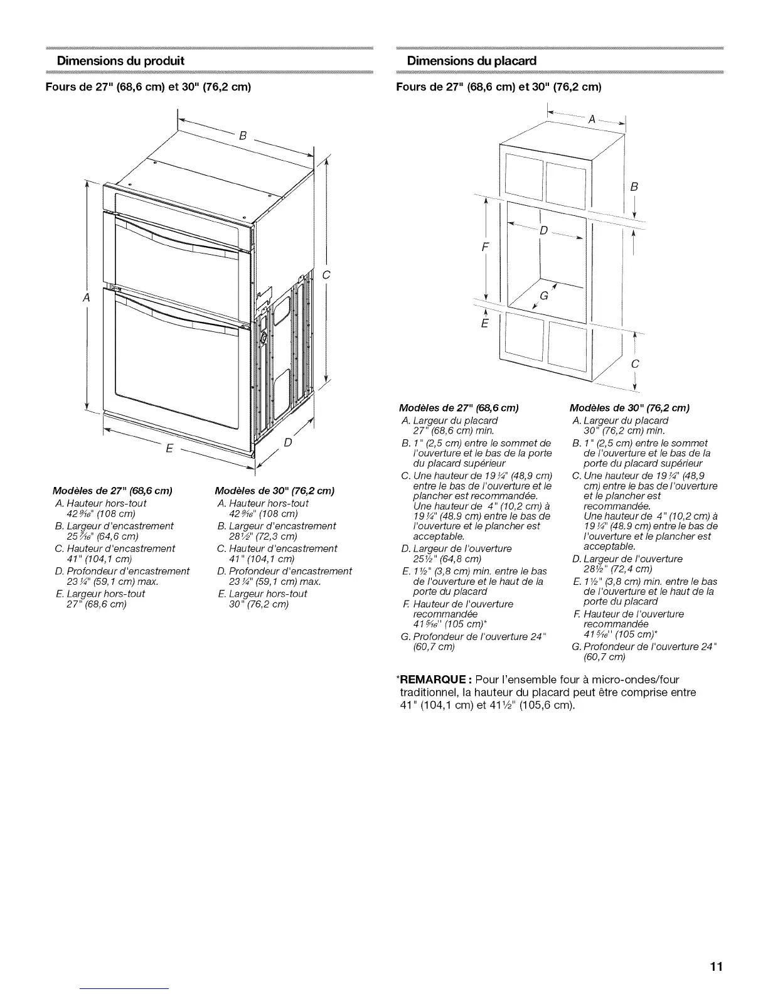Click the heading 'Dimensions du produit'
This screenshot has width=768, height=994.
pyautogui.click(x=120, y=61)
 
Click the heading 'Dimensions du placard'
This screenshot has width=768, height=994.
pyautogui.click(x=472, y=61)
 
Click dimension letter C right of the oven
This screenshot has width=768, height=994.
pyautogui.click(x=326, y=275)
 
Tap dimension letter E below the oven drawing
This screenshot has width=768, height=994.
pyautogui.click(x=169, y=449)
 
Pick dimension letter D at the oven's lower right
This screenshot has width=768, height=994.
pyautogui.click(x=288, y=443)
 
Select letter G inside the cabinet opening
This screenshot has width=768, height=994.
pyautogui.click(x=543, y=296)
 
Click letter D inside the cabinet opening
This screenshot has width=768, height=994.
pyautogui.click(x=544, y=230)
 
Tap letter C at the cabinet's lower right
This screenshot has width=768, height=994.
pyautogui.click(x=635, y=364)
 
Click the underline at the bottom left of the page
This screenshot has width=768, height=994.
pyautogui.click(x=125, y=988)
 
